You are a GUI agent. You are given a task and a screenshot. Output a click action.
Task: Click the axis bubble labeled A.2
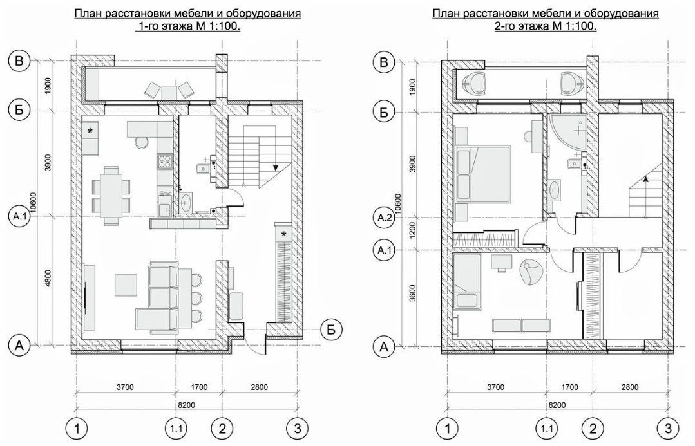(385, 218)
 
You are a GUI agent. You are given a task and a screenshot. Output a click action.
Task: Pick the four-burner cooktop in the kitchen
(165, 162)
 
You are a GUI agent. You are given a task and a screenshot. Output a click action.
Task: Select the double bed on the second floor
(482, 172)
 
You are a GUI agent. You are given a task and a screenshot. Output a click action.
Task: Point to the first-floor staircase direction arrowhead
(276, 167)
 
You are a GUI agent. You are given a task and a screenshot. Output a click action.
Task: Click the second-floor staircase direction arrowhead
(645, 179)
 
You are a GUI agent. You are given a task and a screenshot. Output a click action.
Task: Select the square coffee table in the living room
(126, 284)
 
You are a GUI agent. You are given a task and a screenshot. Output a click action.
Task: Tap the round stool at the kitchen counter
(142, 142)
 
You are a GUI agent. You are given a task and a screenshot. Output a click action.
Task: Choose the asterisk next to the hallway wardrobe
(283, 234)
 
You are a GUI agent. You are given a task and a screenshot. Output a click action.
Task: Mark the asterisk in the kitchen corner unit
(90, 130)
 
